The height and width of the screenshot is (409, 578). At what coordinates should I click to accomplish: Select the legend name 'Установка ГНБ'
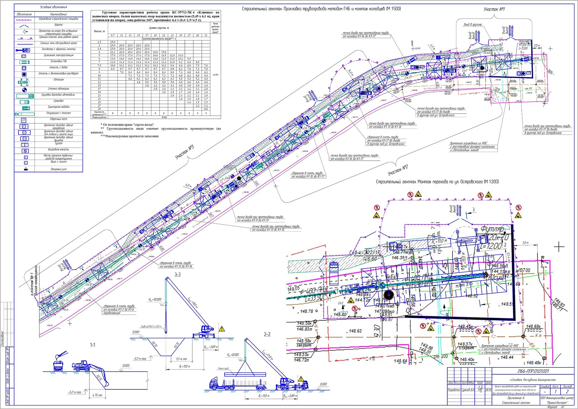[x=59, y=61]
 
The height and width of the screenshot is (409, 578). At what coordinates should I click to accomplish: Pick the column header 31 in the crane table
[x=206, y=35]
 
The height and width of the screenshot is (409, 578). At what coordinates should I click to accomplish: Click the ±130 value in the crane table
[x=215, y=75]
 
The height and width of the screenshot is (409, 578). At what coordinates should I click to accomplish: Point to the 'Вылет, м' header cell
[x=99, y=31]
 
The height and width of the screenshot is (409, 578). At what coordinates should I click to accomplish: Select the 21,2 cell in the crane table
[x=113, y=52]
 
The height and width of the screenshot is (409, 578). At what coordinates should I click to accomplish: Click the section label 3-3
[x=178, y=274]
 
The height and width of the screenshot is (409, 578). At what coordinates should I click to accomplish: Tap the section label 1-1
[x=92, y=345]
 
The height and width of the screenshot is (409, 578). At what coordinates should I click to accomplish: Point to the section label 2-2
[x=267, y=334]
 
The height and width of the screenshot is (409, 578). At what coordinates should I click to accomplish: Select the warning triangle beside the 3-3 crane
[x=222, y=329]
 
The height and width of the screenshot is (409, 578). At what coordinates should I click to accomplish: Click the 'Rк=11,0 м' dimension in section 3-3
[x=185, y=367]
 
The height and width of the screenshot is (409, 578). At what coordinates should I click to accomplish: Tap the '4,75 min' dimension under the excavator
[x=97, y=395]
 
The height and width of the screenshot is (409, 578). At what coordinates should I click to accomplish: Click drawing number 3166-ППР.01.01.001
[x=533, y=371]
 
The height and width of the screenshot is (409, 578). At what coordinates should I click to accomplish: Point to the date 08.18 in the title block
[x=488, y=390]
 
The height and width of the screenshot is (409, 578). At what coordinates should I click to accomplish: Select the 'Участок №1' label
[x=494, y=9]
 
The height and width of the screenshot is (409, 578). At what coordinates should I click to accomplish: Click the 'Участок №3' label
[x=185, y=152]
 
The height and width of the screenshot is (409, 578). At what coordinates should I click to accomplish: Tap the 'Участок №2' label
[x=398, y=170]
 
